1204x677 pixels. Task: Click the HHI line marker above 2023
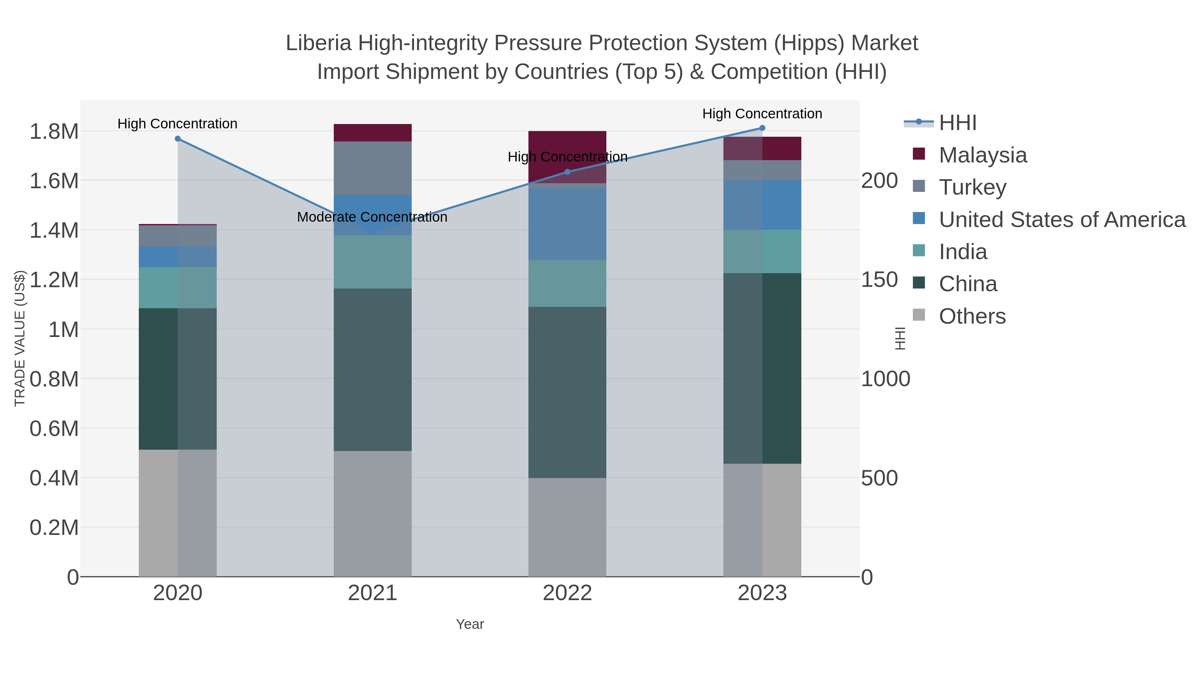click(x=762, y=128)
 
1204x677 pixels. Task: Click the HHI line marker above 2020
click(x=178, y=139)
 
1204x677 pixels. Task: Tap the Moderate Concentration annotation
click(x=372, y=217)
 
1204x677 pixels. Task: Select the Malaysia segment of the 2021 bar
click(x=373, y=133)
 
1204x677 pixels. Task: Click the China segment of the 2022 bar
click(x=567, y=392)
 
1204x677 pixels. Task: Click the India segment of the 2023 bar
click(x=762, y=251)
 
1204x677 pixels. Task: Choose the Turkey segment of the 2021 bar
click(x=373, y=168)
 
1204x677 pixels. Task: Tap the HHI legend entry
click(x=957, y=123)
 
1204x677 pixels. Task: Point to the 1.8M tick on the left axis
click(x=54, y=132)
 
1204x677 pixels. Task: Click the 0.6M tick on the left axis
click(x=54, y=429)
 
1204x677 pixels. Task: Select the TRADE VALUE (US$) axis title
click(x=20, y=338)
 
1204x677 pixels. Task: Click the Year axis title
click(x=470, y=624)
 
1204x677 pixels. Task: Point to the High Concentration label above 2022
click(x=567, y=157)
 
